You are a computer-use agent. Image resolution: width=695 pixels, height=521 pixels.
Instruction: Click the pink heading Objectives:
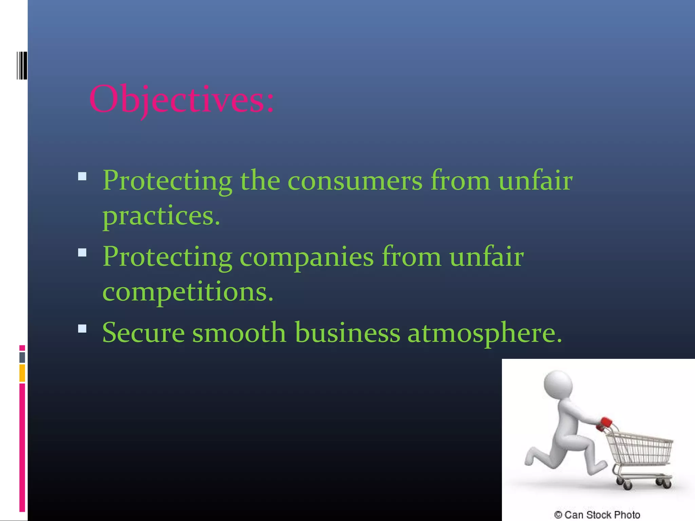pos(182,99)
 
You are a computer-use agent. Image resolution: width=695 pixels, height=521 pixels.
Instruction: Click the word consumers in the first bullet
pos(355,180)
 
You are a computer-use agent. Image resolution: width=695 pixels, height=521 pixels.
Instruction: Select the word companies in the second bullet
pos(306,257)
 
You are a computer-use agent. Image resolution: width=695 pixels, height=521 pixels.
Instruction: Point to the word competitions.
pos(188,292)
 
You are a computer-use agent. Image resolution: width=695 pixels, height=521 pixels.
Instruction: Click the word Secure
pos(143,333)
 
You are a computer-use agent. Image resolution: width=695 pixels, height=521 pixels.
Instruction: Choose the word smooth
pos(239,333)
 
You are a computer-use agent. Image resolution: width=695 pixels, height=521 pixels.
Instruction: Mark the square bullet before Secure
pos(82,329)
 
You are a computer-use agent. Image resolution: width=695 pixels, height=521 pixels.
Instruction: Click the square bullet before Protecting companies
pos(82,253)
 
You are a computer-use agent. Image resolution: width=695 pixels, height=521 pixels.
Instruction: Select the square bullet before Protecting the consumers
pos(82,176)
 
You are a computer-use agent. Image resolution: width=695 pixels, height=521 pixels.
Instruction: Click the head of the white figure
pos(558,385)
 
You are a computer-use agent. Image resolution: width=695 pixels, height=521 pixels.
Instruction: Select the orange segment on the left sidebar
pos(22,373)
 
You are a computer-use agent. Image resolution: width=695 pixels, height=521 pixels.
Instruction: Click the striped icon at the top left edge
pos(22,65)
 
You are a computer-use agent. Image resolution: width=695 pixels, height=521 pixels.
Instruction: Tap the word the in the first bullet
pos(260,180)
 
